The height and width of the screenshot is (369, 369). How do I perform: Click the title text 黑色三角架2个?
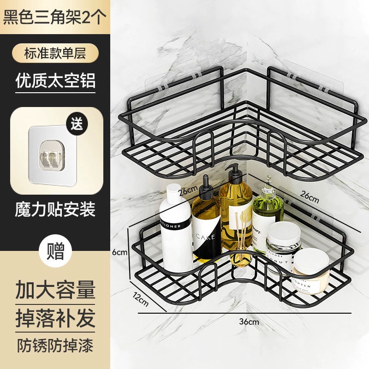(x=55, y=17)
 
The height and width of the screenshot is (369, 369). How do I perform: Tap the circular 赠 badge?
(x=56, y=252)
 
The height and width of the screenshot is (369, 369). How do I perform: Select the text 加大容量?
(x=55, y=290)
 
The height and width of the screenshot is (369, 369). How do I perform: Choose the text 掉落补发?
(x=55, y=318)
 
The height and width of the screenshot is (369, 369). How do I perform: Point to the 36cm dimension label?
(x=250, y=321)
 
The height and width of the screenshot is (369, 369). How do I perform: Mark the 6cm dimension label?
(x=119, y=252)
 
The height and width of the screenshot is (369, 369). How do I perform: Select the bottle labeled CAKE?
(x=206, y=231)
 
